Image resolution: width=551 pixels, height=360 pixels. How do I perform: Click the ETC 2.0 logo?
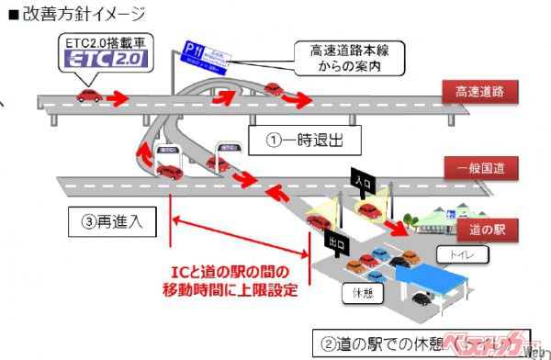pos(109,58)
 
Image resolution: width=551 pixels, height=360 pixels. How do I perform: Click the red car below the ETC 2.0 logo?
pos(89,96)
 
